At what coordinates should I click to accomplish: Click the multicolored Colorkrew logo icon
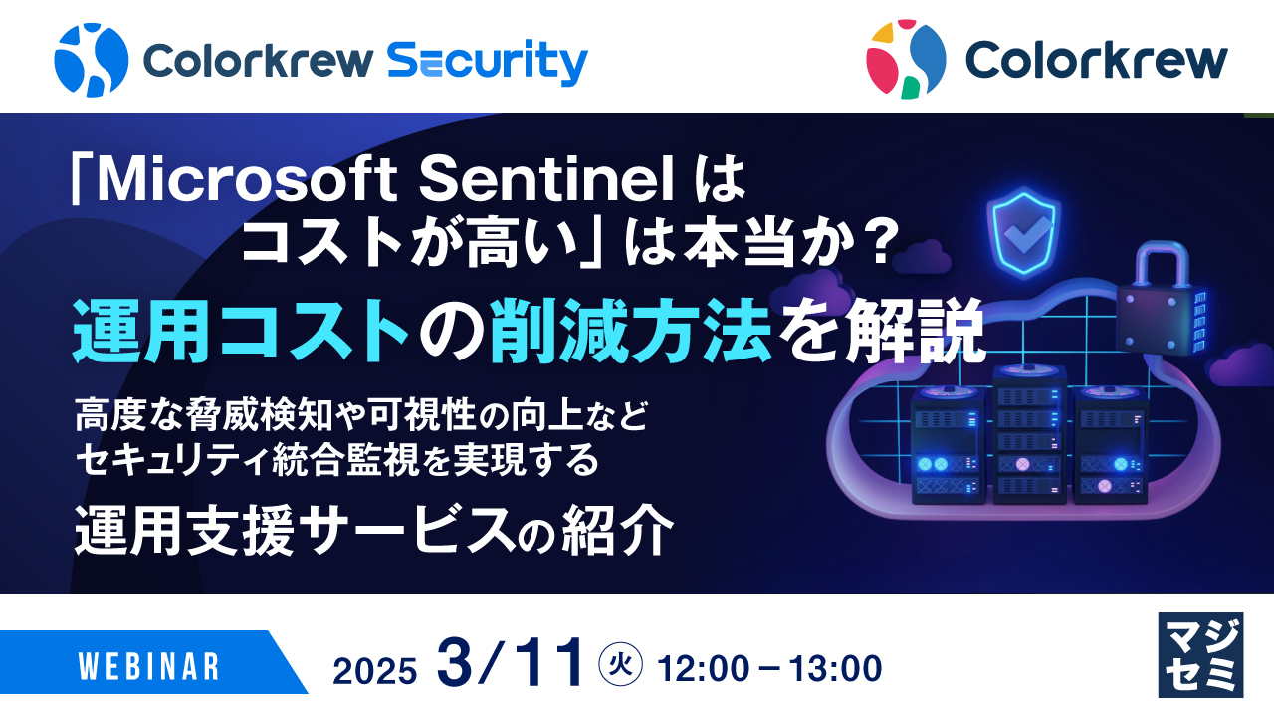905,60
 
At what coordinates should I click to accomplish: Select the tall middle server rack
1029,432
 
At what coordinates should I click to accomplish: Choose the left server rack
949,448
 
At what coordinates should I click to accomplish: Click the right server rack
1110,448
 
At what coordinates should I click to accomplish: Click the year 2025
375,671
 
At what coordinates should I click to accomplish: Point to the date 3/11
510,664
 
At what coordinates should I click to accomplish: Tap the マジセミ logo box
1200,654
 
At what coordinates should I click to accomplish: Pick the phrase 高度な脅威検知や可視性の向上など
361,415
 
